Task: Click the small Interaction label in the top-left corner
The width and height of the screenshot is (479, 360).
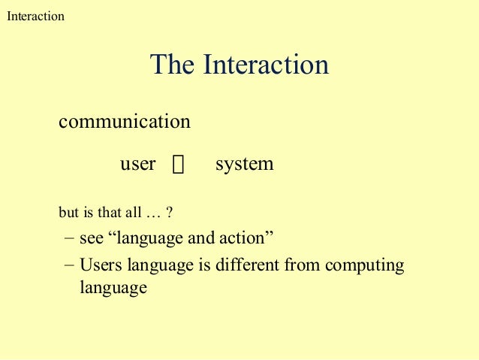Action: [x=35, y=16]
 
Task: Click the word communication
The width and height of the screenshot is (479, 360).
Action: [x=125, y=121]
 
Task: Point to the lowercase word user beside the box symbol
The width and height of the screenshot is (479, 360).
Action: [x=137, y=164]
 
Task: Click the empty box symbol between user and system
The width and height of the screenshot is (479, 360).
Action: [x=177, y=165]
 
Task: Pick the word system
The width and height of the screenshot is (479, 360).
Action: [x=244, y=165]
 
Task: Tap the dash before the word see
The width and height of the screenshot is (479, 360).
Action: [x=70, y=239]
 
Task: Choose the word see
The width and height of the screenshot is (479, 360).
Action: [x=92, y=240]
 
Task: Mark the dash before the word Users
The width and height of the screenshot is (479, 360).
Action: [x=70, y=265]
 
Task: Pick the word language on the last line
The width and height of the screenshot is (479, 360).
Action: [x=113, y=288]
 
